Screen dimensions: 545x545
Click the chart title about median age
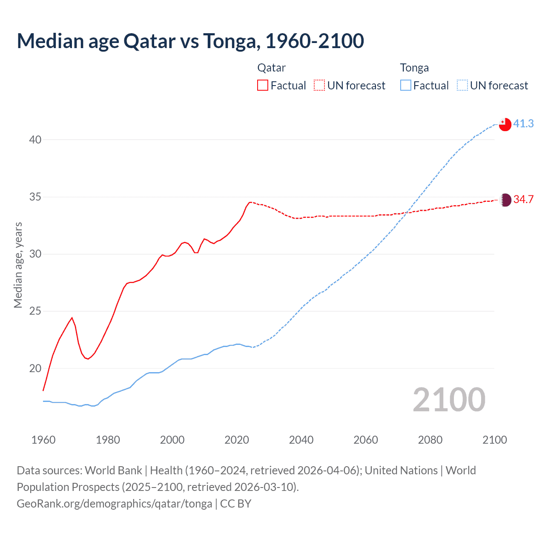tap(190, 41)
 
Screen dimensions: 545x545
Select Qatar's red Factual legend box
tap(263, 85)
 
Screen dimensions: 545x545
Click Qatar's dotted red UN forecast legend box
tap(319, 85)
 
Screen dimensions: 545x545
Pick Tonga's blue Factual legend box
tap(406, 85)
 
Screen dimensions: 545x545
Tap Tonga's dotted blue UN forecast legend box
tap(462, 85)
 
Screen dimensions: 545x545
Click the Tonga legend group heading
tap(414, 68)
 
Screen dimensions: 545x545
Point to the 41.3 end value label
tap(523, 123)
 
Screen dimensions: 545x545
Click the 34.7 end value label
tap(523, 199)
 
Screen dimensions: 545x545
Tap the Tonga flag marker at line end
tap(505, 124)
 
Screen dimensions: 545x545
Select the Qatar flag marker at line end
tap(505, 200)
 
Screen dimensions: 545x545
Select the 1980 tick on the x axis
tap(108, 440)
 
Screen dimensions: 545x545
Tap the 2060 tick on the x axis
tap(366, 440)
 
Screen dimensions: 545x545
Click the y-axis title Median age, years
tap(18, 265)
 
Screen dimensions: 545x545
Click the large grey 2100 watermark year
tap(449, 399)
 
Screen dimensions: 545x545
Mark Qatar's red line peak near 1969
tap(72, 318)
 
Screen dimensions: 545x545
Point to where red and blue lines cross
tap(407, 212)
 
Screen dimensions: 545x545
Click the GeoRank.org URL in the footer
tap(114, 504)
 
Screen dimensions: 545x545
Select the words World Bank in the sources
tap(113, 470)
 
